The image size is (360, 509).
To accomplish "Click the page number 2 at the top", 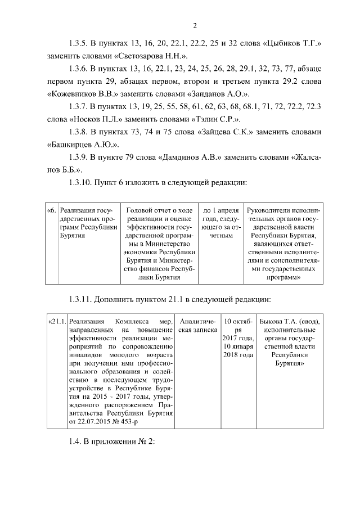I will [x=194, y=25].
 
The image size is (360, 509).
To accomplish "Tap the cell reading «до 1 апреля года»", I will [x=222, y=222].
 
